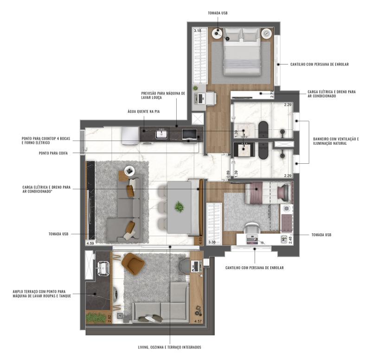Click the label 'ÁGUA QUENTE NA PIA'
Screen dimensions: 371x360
pyautogui.click(x=144, y=111)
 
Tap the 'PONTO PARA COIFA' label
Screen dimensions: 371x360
pyautogui.click(x=53, y=154)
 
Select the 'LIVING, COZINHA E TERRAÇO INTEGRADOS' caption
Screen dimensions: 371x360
pyautogui.click(x=169, y=347)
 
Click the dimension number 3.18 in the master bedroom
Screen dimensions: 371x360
pyautogui.click(x=198, y=31)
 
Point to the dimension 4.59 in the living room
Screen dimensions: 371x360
pyautogui.click(x=90, y=243)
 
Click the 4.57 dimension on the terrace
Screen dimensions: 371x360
pyautogui.click(x=198, y=321)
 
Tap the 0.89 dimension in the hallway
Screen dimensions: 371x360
pyautogui.click(x=228, y=174)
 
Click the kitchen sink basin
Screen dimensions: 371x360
pyautogui.click(x=161, y=135)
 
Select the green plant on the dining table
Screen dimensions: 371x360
pyautogui.click(x=179, y=207)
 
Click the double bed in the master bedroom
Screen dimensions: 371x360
pyautogui.click(x=241, y=51)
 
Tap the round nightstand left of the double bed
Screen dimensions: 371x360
pyautogui.click(x=217, y=33)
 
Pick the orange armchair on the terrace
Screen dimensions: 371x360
pyautogui.click(x=133, y=263)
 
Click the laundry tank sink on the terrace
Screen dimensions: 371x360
pyautogui.click(x=103, y=269)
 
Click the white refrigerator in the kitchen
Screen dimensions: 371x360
pyautogui.click(x=130, y=136)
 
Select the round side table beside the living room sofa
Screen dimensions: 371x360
pyautogui.click(x=130, y=171)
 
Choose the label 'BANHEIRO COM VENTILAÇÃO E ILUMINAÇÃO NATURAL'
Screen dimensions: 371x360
pyautogui.click(x=336, y=141)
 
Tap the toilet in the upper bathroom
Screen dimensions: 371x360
pyautogui.click(x=262, y=129)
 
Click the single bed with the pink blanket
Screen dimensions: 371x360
pyautogui.click(x=269, y=193)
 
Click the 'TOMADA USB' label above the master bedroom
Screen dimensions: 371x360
pyautogui.click(x=217, y=13)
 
